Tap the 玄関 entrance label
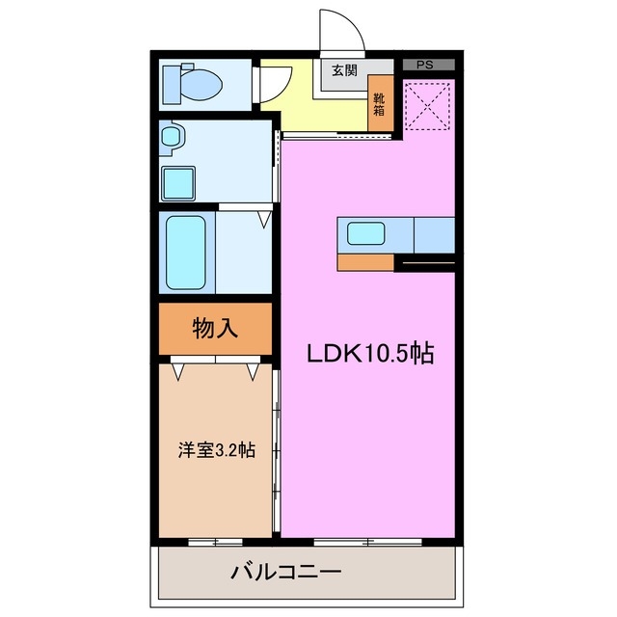(x=344, y=69)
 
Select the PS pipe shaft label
(x=424, y=65)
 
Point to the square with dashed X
(x=429, y=106)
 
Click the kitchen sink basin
(x=366, y=233)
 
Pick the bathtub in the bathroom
(x=186, y=253)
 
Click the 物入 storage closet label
(x=215, y=329)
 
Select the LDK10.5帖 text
(x=370, y=354)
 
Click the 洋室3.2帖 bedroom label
(x=216, y=449)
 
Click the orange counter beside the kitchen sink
(x=365, y=261)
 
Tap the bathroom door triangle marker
(x=263, y=221)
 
